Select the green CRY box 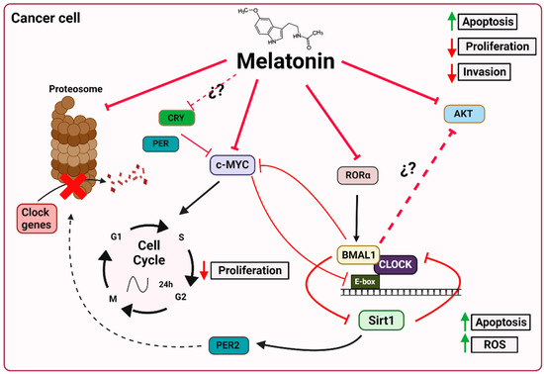coord(177,118)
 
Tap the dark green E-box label coord(368,280)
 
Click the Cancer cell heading coord(48,18)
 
